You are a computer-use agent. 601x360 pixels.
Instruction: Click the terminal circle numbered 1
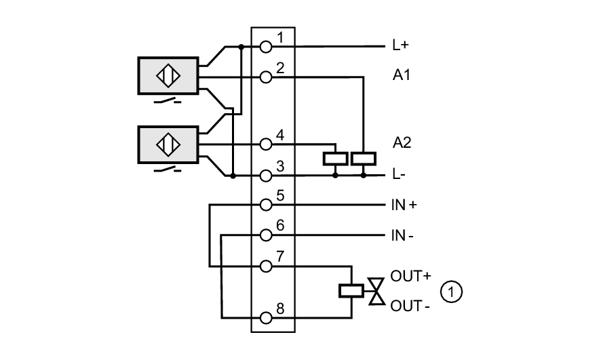coord(266,47)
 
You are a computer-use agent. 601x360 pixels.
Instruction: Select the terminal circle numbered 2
coord(266,77)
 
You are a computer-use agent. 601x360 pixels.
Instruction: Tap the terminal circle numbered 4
coord(266,144)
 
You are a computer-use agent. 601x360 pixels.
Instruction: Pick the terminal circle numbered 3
coord(266,176)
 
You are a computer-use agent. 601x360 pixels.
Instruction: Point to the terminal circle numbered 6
coord(266,235)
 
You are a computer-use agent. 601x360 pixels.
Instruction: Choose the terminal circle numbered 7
coord(266,266)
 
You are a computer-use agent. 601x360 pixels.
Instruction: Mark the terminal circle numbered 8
coord(266,317)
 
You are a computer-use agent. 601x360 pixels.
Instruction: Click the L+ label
coord(400,47)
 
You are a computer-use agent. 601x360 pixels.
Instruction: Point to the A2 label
coord(402,143)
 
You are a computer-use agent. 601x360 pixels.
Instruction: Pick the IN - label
coord(402,235)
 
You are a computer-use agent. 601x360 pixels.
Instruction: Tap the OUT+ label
coord(410,277)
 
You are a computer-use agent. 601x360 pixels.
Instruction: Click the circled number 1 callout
coord(451,292)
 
